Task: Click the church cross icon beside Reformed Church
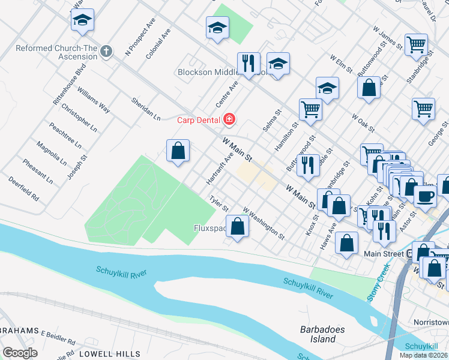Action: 106,51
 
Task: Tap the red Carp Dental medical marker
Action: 229,120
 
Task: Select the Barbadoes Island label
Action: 318,334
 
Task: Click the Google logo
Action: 20,352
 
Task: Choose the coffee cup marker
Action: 426,196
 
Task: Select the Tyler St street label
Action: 218,203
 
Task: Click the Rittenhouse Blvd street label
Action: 70,83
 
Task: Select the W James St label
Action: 387,36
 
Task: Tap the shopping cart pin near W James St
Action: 416,44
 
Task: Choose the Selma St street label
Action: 271,121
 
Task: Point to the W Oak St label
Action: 364,124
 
